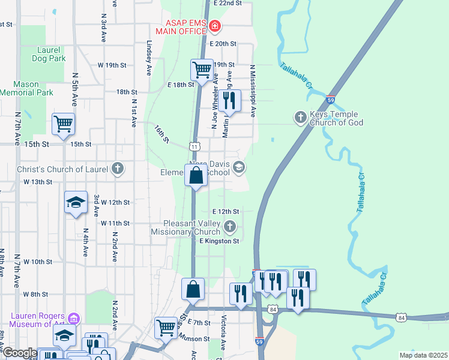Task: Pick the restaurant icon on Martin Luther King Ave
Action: coord(229,100)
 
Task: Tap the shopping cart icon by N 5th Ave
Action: coord(63,124)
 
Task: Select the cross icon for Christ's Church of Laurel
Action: coord(119,169)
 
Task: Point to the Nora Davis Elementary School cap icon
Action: coord(238,167)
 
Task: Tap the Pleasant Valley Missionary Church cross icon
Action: coord(230,227)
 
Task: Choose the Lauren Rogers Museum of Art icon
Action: coord(74,317)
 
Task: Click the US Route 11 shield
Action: coord(194,146)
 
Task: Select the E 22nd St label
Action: coord(225,3)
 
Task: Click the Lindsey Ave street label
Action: coord(149,58)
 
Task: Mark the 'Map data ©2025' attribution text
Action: coord(423,355)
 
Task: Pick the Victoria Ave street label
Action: coord(223,332)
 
